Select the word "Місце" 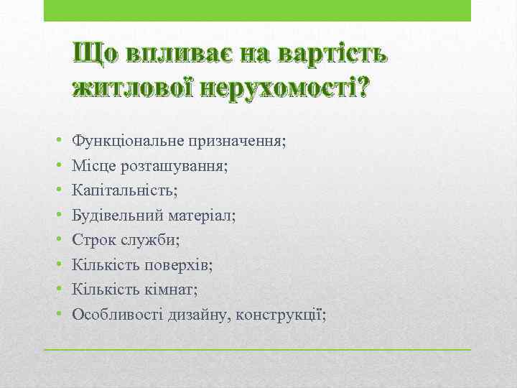pyautogui.click(x=92, y=166)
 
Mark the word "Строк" pyautogui.click(x=93, y=239)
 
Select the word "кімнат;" pyautogui.click(x=172, y=289)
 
